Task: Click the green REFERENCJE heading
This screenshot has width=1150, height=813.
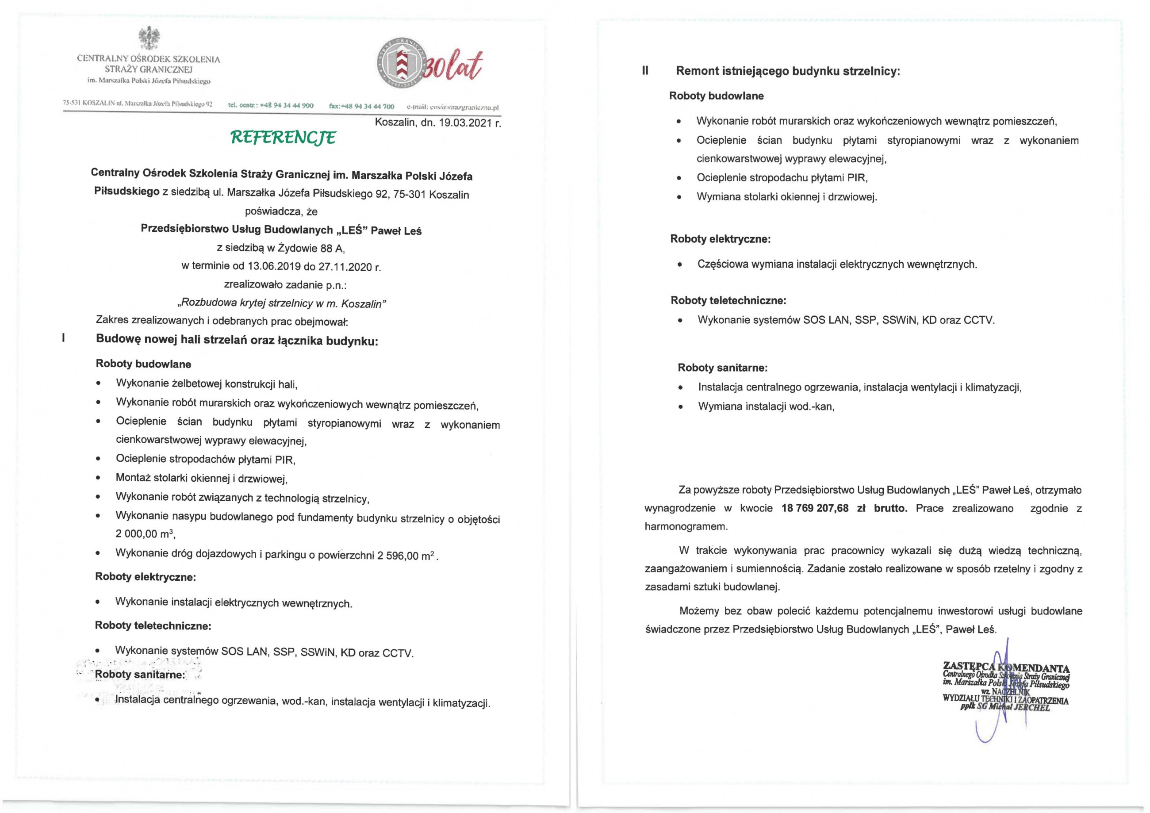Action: pyautogui.click(x=283, y=137)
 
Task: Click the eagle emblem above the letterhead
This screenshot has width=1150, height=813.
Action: pyautogui.click(x=149, y=39)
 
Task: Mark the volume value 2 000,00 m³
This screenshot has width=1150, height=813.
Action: pyautogui.click(x=145, y=534)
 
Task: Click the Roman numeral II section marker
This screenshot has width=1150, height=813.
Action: pyautogui.click(x=645, y=71)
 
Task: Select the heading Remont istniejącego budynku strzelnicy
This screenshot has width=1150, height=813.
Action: pyautogui.click(x=788, y=71)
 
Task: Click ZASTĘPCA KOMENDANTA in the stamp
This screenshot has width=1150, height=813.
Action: pyautogui.click(x=1006, y=667)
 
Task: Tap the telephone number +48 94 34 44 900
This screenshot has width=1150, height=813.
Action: pyautogui.click(x=287, y=106)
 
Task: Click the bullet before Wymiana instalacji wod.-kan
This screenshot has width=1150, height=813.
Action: pyautogui.click(x=680, y=407)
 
